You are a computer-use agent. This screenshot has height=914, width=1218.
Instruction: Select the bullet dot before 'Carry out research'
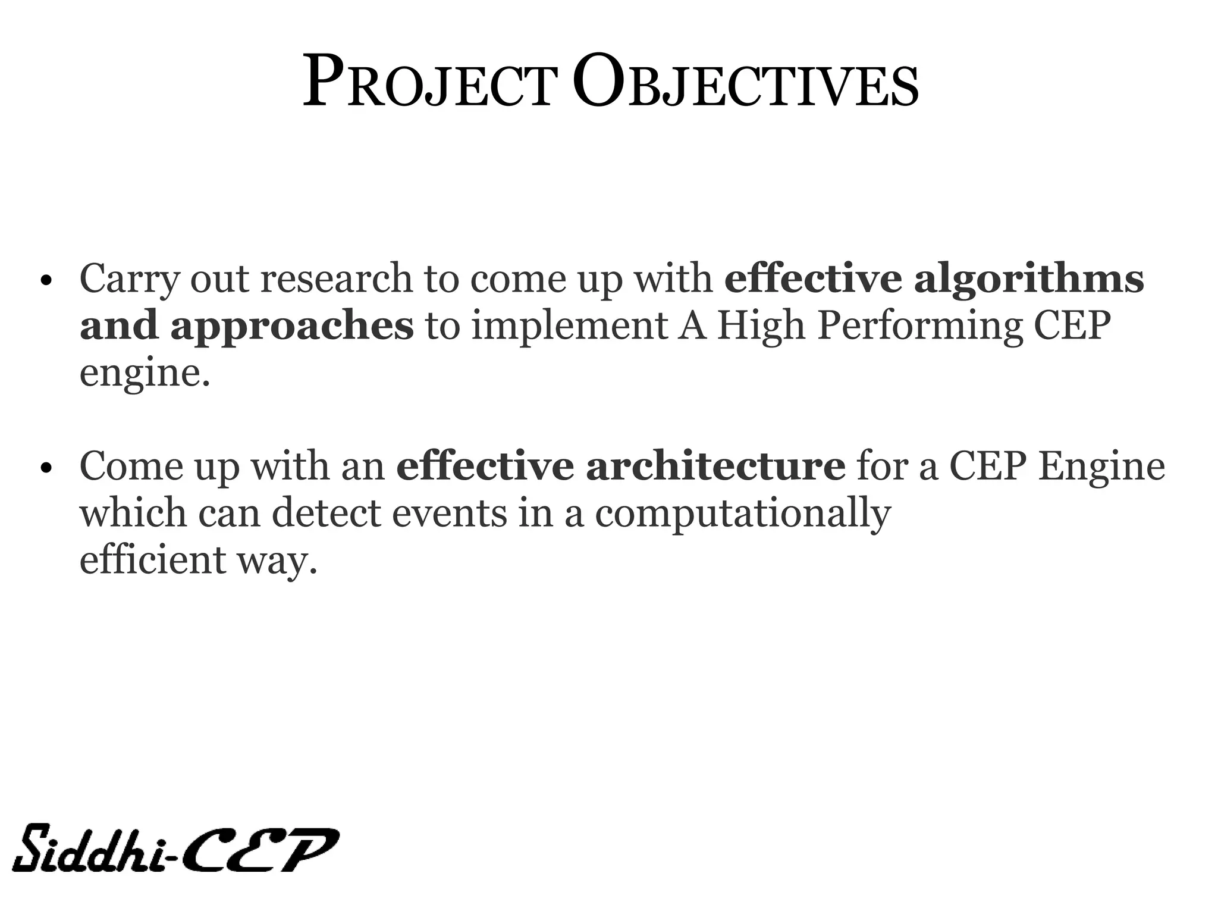45,281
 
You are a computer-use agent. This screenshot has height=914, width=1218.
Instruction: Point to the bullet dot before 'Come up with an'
45,468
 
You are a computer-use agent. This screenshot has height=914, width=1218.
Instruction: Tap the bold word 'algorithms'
1028,280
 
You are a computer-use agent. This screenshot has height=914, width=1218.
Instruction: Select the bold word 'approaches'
291,327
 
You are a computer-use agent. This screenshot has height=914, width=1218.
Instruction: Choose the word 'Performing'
919,327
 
